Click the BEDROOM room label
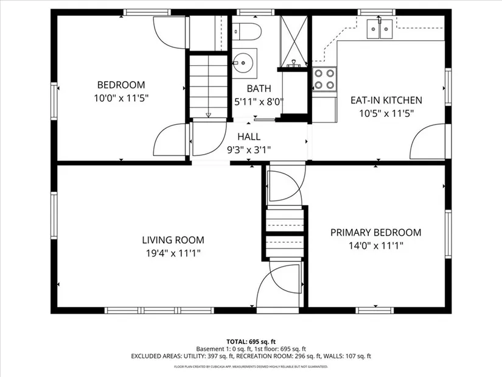[x=121, y=85]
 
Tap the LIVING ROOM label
[x=173, y=240]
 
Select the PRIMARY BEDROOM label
[x=376, y=233]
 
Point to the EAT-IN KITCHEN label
[x=386, y=100]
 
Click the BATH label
[x=259, y=88]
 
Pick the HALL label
[x=249, y=137]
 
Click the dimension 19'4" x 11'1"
[x=173, y=253]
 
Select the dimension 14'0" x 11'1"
[x=376, y=246]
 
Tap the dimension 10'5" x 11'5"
[x=386, y=113]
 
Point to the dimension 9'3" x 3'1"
[x=249, y=150]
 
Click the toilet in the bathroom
[x=247, y=32]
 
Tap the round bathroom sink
[x=243, y=63]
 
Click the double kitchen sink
[x=380, y=29]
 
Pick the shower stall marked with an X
[x=293, y=41]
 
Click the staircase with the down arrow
[x=209, y=86]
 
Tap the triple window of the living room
[x=159, y=311]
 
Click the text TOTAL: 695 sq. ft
[x=251, y=342]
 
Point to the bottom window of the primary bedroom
[x=375, y=311]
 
